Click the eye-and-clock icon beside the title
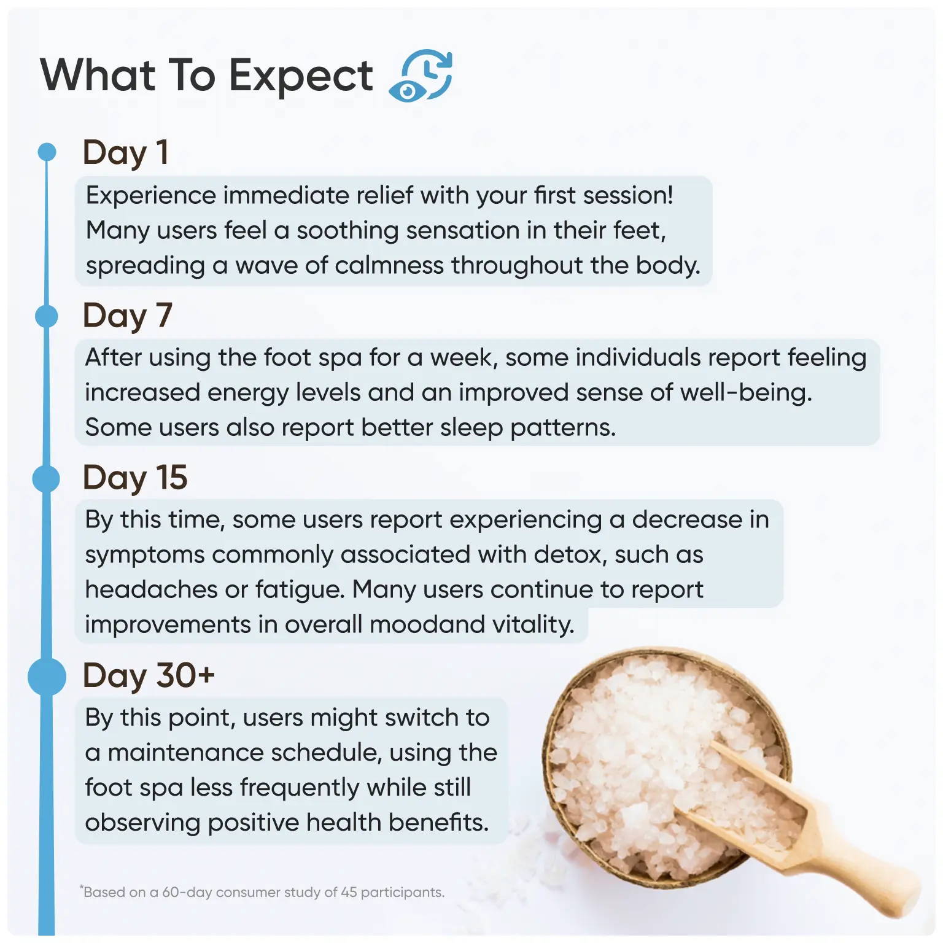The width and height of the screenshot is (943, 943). (421, 75)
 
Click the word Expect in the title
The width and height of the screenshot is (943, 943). (301, 77)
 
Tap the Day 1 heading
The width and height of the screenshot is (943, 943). (125, 153)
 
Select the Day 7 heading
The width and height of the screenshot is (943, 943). (127, 316)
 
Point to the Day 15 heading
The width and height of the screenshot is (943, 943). (135, 478)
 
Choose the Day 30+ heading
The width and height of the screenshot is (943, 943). (149, 676)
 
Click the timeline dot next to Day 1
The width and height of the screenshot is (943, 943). (47, 152)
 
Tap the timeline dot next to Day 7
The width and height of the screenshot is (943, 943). (47, 316)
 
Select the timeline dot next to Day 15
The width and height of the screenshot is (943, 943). (46, 478)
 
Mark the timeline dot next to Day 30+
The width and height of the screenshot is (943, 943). (47, 676)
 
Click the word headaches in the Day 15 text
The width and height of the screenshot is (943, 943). (151, 589)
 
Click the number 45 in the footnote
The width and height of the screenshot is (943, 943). (349, 892)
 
